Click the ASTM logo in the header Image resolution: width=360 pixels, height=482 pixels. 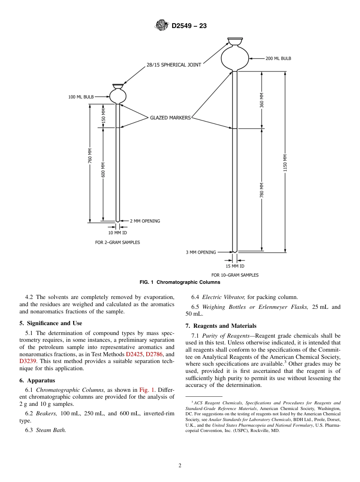161,26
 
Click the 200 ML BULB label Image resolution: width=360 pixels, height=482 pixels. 279,59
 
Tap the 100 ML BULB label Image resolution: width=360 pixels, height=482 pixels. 81,97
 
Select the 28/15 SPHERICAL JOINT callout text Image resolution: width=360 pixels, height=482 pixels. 174,65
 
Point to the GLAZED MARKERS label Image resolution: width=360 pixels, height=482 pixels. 170,118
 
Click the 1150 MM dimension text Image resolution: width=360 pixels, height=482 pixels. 285,163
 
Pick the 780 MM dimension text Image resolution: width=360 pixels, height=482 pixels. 262,190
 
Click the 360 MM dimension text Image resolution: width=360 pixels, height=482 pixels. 262,100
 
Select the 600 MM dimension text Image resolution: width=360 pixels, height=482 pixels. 103,170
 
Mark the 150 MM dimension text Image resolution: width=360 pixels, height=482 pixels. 103,116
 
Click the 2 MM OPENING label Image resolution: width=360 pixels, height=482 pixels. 145,221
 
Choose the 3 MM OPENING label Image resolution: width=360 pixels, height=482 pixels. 201,252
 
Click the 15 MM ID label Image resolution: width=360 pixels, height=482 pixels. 235,266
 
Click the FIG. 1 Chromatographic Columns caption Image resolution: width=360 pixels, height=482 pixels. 180,282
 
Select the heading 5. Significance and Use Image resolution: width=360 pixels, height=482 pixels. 51,323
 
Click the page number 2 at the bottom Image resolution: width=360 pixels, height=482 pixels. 180,466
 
